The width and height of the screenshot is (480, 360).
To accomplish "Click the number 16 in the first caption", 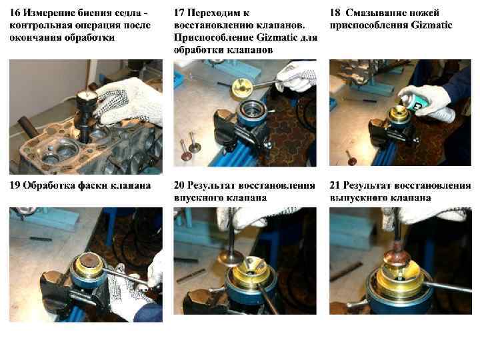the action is (x=15, y=13).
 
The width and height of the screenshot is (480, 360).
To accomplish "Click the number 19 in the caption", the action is (x=15, y=185).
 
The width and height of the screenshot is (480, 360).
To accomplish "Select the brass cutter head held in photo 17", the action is (x=241, y=88).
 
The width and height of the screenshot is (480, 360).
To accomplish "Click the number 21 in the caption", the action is (x=335, y=185).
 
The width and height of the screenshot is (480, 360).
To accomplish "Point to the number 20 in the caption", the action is (x=179, y=185).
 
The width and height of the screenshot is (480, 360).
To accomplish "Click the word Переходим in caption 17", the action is (x=219, y=13).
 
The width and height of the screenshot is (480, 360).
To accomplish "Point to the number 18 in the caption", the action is (x=335, y=13).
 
